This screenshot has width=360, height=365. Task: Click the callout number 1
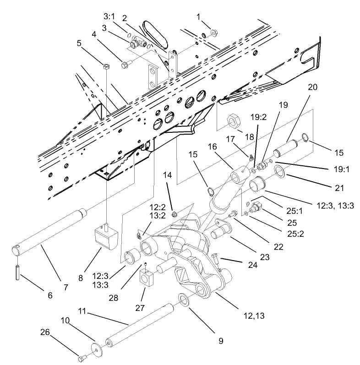pos(198,16)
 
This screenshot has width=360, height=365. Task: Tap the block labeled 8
pos(106,237)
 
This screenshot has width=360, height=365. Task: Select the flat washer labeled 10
pos(96,347)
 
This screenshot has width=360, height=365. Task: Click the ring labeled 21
pos(280,173)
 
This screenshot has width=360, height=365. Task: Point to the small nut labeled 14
pos(175,214)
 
